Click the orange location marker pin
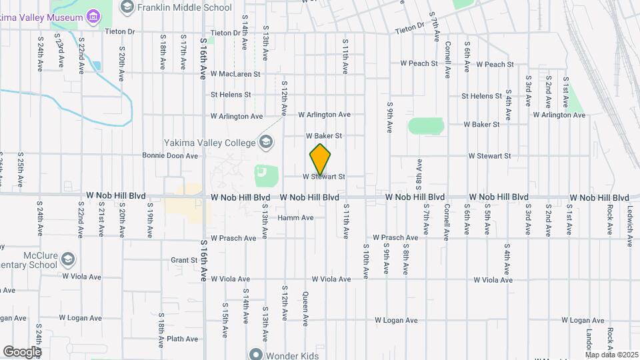click(321, 159)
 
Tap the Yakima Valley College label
click(211, 143)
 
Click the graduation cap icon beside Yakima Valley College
click(266, 141)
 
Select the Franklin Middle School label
click(183, 7)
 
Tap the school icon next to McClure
click(68, 258)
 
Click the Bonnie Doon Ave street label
click(170, 156)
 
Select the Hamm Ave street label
click(295, 218)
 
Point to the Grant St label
click(183, 260)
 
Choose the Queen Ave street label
click(305, 309)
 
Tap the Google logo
click(22, 351)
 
